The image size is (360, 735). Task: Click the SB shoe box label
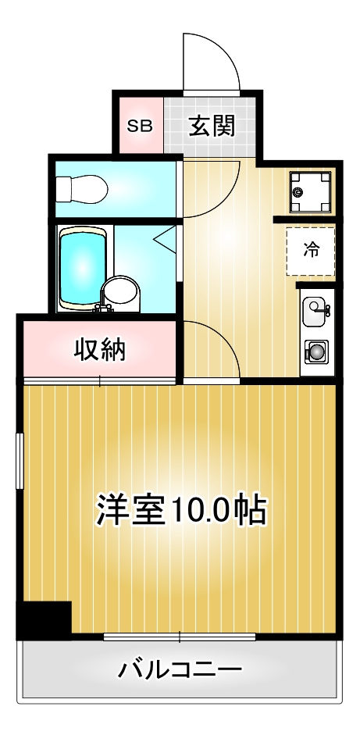coord(140,126)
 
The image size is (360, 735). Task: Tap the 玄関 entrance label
coord(211,126)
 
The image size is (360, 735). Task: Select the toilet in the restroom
coord(83,188)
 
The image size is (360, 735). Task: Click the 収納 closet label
coord(100,350)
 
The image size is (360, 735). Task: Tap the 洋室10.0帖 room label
coord(181,510)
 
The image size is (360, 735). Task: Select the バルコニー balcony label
coord(180,669)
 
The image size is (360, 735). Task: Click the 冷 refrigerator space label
coord(311,250)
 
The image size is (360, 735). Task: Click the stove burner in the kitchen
coord(316,351)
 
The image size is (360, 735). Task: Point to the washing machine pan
coord(310,191)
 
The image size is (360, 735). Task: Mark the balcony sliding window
coord(180,637)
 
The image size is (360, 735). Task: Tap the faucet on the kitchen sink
coord(327,310)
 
